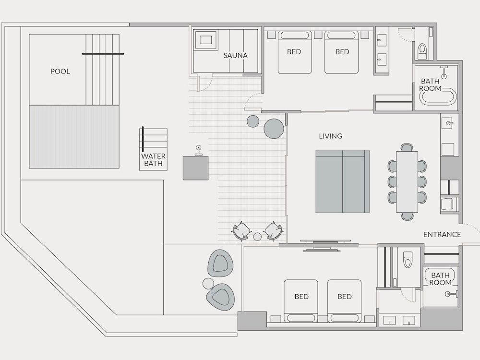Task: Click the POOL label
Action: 60,72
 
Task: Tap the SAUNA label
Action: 235,55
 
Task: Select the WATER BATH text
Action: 154,160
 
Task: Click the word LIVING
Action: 331,136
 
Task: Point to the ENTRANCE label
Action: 442,235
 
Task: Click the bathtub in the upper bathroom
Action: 438,96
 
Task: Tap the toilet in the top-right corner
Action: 422,51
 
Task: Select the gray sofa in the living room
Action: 343,181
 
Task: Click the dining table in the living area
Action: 407,181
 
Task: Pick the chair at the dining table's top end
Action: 407,147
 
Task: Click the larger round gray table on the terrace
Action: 274,129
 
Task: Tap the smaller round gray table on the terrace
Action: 253,121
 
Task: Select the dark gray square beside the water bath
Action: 196,168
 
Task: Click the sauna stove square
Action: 205,40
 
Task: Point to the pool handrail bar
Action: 103,54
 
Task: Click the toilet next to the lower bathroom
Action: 408,259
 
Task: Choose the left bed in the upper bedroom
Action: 295,52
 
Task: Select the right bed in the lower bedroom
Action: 344,301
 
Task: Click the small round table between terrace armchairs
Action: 257,236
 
